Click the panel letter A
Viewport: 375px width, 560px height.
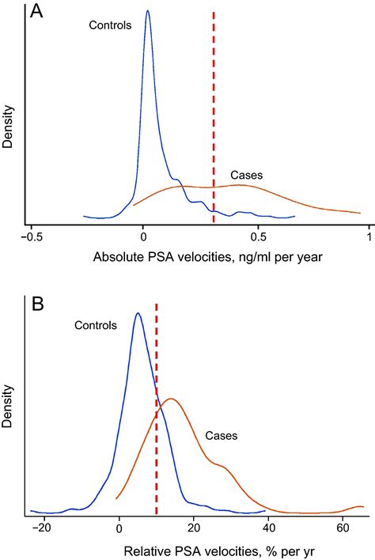[x=37, y=12]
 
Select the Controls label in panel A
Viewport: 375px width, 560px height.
[x=110, y=26]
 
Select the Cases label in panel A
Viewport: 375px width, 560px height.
[x=246, y=174]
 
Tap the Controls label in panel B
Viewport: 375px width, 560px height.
[x=97, y=324]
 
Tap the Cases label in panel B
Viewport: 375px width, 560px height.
[x=222, y=435]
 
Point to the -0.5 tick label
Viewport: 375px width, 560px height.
[x=30, y=236]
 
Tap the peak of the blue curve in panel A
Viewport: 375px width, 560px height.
[x=148, y=11]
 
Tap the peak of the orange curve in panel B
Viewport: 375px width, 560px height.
[x=170, y=399]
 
